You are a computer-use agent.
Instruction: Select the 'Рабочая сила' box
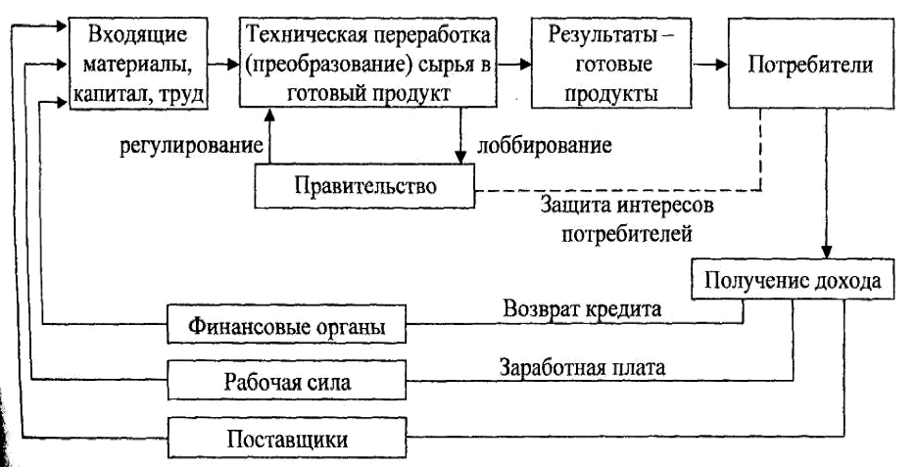point(285,380)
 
